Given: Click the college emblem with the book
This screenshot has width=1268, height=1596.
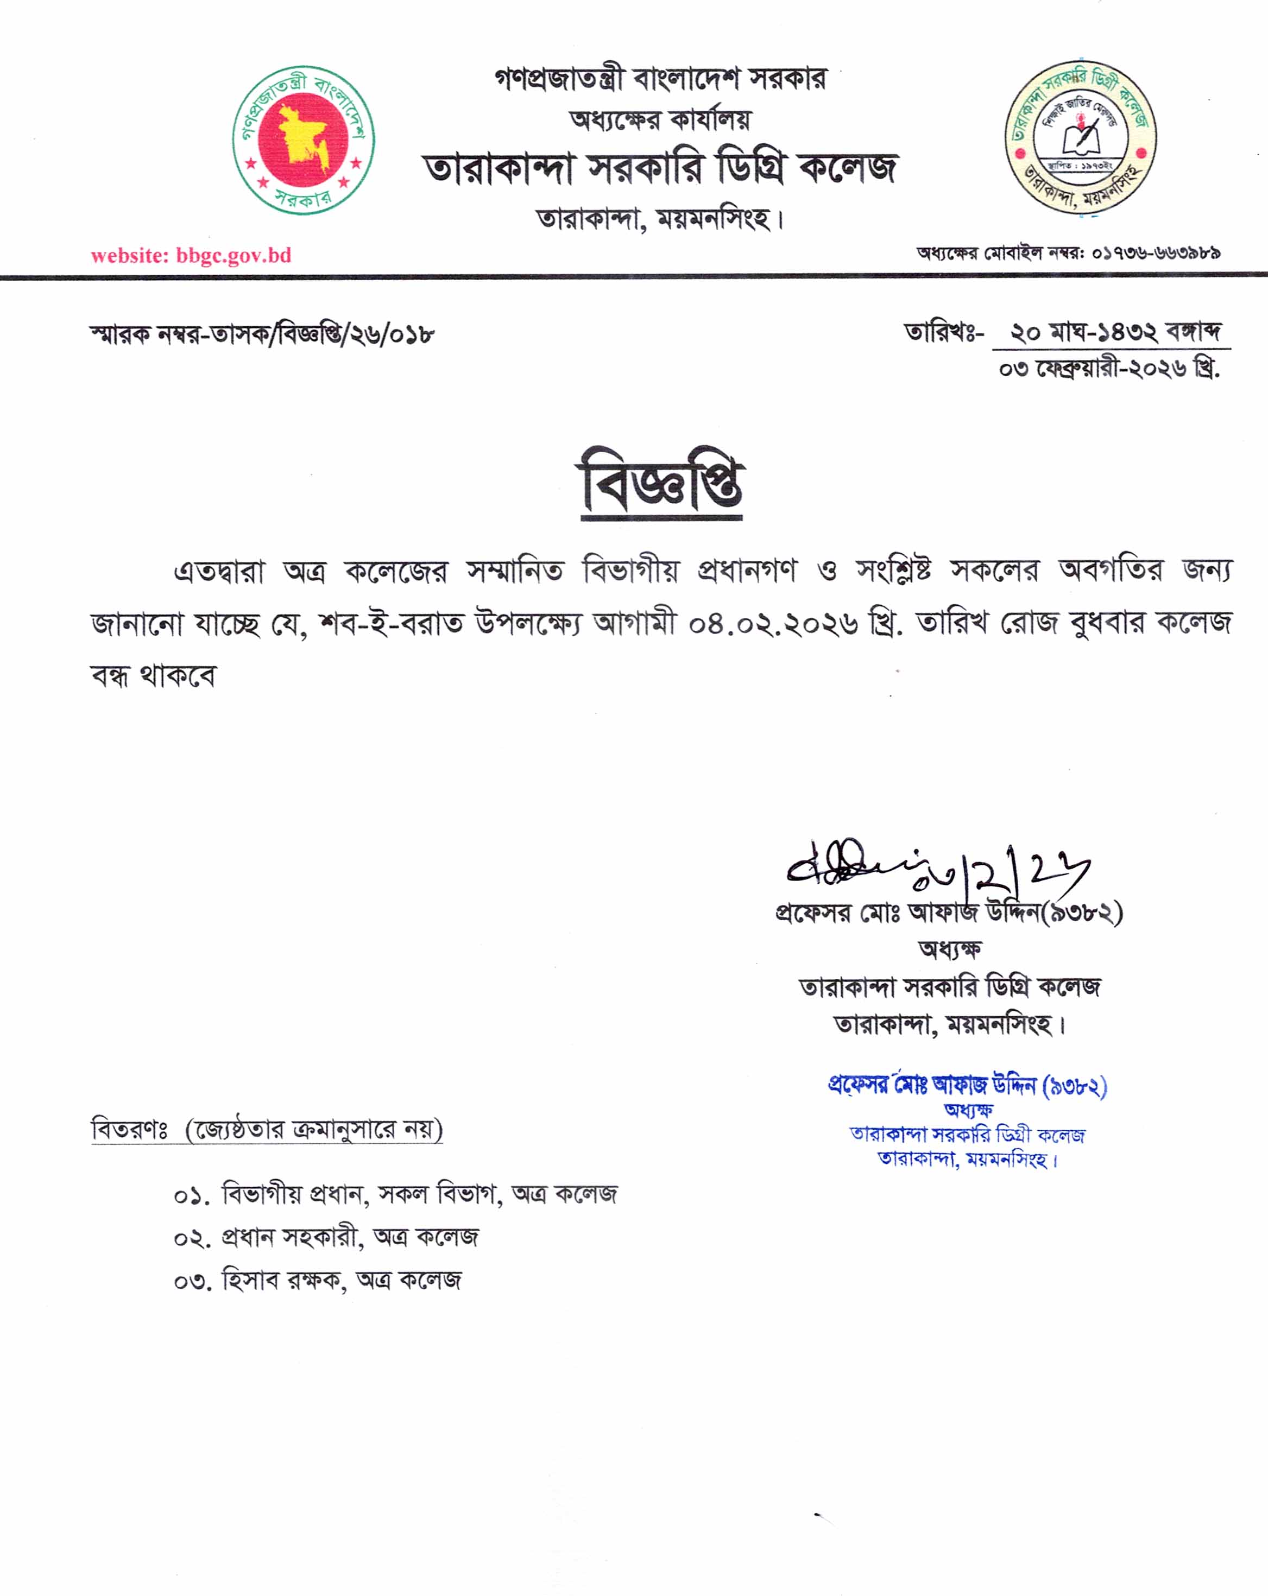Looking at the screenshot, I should pyautogui.click(x=1081, y=137).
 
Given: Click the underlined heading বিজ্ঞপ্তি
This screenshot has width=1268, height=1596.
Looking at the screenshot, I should pyautogui.click(x=661, y=482).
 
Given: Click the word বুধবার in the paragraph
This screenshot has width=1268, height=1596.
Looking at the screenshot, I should pyautogui.click(x=1107, y=623).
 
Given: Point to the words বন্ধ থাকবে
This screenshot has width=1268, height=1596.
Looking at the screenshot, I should pyautogui.click(x=153, y=675).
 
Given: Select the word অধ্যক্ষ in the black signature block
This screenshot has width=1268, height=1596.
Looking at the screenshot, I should pyautogui.click(x=950, y=949).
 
